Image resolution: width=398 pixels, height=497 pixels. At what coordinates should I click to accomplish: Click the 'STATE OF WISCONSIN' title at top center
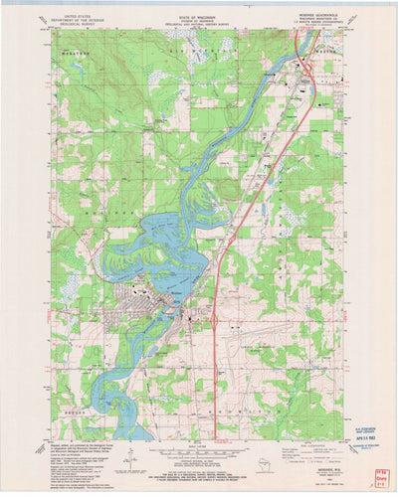198,16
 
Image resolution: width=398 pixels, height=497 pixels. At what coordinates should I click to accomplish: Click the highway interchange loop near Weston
311,70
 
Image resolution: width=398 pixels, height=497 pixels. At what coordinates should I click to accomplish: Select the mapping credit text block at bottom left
85,457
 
